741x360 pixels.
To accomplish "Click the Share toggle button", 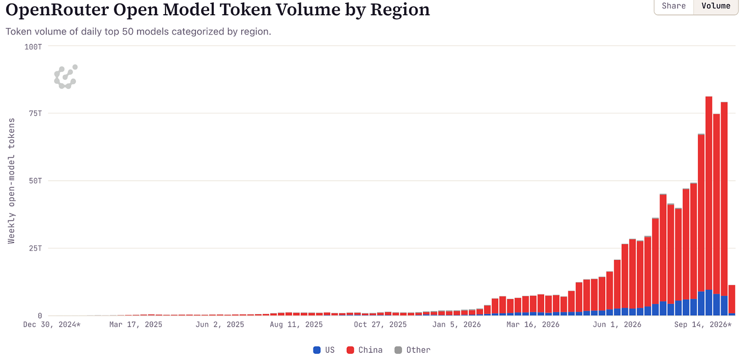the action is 674,6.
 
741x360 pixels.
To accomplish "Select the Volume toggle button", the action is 716,6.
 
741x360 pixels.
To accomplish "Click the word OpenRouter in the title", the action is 57,10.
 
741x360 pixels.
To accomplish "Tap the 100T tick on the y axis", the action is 33,47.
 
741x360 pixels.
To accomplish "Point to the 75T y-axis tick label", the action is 36,114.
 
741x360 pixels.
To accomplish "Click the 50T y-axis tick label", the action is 36,181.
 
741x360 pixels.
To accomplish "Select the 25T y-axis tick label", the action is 36,248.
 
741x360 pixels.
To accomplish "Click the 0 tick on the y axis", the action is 40,316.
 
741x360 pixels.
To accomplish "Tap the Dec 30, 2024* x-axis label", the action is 52,324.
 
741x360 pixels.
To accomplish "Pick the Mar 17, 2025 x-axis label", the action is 136,324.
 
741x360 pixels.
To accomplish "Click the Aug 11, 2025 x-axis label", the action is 296,324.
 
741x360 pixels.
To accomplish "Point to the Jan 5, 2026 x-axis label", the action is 457,324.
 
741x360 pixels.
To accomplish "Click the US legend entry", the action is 324,350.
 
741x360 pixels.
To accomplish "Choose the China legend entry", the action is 364,350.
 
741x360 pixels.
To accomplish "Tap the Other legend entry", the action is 413,350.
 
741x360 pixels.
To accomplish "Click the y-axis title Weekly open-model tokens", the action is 12,181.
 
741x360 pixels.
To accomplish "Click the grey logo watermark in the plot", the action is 66,77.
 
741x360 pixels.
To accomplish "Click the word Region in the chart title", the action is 400,10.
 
